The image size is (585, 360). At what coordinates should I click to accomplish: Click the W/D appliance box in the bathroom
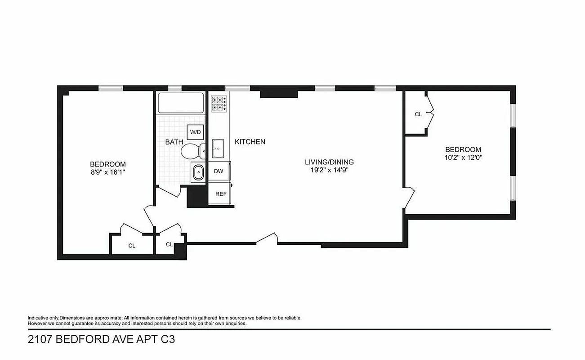tap(196, 132)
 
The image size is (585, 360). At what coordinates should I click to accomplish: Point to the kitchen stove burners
tap(219, 103)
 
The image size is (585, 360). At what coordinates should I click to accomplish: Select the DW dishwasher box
tap(219, 171)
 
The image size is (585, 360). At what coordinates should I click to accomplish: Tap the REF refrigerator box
tap(220, 194)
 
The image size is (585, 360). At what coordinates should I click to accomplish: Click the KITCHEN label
tap(250, 142)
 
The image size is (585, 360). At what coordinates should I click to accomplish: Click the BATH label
tap(174, 142)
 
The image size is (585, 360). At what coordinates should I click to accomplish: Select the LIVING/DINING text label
tap(329, 162)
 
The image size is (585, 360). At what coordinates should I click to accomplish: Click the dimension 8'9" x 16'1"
tap(108, 172)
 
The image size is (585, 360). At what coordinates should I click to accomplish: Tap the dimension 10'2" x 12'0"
tap(463, 157)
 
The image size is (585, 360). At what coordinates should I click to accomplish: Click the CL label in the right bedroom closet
tap(418, 114)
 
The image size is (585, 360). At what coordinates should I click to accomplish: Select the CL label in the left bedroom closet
tap(132, 246)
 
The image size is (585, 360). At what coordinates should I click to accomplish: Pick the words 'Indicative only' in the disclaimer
tap(43, 318)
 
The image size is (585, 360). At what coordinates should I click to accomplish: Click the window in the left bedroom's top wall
tap(111, 88)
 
